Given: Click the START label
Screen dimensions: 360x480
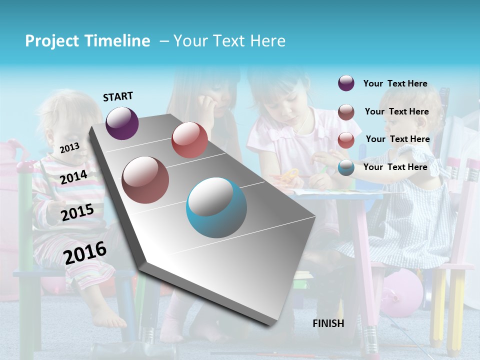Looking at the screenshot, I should point(118,96).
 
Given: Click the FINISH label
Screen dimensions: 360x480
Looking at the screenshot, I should point(328,323).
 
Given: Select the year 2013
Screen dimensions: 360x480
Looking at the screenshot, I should point(69,147).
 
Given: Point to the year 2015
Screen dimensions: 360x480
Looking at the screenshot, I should point(77,212).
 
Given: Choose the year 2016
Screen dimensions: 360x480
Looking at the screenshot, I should point(85,252).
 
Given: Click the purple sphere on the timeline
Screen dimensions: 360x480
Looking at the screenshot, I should point(122,123).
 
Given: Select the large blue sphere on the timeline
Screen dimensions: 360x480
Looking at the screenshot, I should point(216,207).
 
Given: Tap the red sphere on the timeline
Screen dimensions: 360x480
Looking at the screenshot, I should point(189,140).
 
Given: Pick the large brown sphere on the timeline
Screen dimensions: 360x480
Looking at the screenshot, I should point(145,179).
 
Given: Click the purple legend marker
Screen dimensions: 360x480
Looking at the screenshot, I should point(346,83).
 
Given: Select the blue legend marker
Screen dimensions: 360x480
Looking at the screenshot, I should point(346,167).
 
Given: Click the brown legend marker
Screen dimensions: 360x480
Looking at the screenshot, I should point(346,112).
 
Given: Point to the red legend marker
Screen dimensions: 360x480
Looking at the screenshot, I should point(346,140).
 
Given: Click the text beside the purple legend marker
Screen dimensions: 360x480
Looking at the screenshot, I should point(395,83).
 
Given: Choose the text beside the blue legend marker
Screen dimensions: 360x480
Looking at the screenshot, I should point(395,167).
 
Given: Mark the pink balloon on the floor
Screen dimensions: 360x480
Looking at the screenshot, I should point(402,292).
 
